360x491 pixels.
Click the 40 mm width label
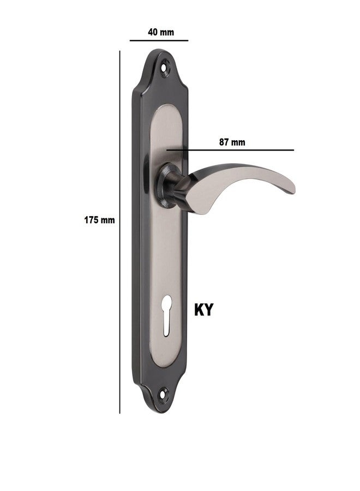pyautogui.click(x=160, y=32)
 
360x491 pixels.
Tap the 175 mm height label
pyautogui.click(x=99, y=220)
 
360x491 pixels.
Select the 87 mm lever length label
pyautogui.click(x=232, y=142)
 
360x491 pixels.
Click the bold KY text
pyautogui.click(x=203, y=309)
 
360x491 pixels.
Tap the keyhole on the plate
pyautogui.click(x=167, y=315)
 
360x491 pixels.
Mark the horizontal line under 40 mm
pyautogui.click(x=159, y=40)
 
